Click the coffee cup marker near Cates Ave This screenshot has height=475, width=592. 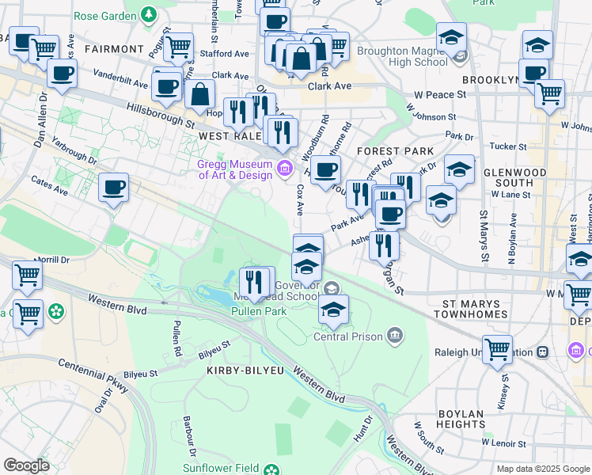coord(114,188)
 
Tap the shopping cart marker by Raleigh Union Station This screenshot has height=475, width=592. coord(497,348)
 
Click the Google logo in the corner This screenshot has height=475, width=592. coord(26,465)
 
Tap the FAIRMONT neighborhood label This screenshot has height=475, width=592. coord(114,49)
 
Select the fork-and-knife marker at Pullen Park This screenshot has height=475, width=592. coord(254,283)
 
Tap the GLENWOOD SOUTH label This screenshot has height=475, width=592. coord(535,178)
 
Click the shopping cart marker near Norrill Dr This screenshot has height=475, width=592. coord(27,276)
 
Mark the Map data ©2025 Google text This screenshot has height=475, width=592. coord(542,469)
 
